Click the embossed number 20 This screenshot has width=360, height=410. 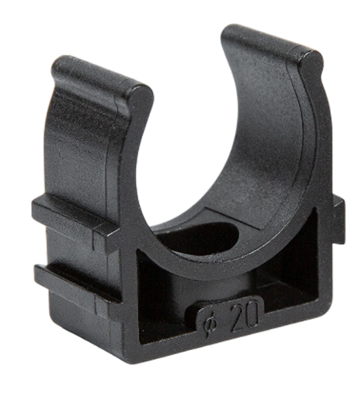click(245, 317)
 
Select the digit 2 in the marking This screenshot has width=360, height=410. click(237, 319)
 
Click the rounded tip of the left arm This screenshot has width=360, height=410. click(142, 96)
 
